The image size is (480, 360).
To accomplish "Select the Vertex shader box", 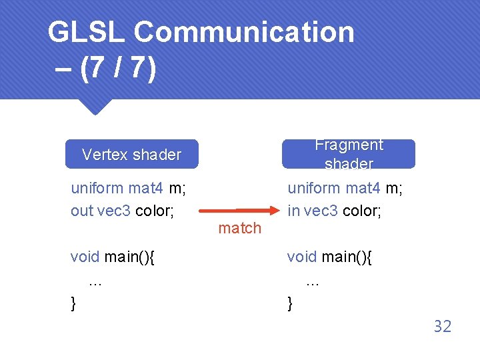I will click(131, 155).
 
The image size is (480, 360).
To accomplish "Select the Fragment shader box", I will click(349, 154).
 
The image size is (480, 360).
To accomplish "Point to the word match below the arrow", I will click(240, 228).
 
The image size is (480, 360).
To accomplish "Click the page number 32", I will click(443, 326).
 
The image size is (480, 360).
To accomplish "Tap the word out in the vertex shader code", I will click(82, 211).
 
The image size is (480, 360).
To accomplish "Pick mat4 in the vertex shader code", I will click(145, 189).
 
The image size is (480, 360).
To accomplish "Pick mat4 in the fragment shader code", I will click(361, 189).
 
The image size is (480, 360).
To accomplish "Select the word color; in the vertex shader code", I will click(155, 211).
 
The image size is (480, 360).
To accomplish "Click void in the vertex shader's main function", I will click(85, 257).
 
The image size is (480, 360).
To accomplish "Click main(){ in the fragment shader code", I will click(347, 257).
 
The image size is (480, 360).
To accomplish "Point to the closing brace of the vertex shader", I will click(73, 304).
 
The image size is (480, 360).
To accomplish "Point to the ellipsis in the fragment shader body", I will click(313, 282).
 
